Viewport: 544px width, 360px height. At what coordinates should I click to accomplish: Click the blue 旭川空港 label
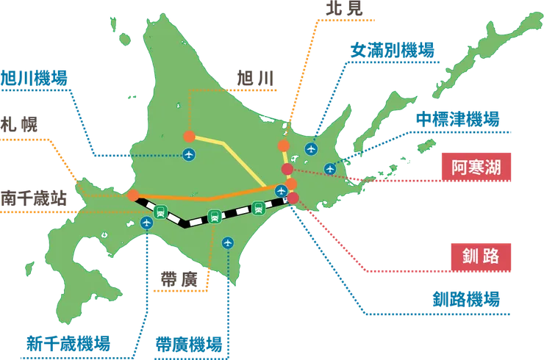tap(35, 76)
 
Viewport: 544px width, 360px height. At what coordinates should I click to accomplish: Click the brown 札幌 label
tap(15, 121)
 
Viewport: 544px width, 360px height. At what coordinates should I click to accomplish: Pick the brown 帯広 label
tap(179, 278)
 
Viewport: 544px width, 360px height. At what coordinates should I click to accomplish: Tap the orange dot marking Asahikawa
tap(189, 136)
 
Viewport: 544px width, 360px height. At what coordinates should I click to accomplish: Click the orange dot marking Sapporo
tap(132, 195)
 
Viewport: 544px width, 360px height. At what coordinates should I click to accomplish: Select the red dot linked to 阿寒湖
tap(287, 170)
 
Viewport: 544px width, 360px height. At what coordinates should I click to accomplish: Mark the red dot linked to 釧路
tap(293, 198)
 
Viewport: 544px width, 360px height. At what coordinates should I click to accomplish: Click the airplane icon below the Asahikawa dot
tap(189, 154)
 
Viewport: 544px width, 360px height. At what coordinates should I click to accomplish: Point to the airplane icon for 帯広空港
tap(227, 241)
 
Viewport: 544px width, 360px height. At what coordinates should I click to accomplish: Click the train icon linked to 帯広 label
tap(214, 216)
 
